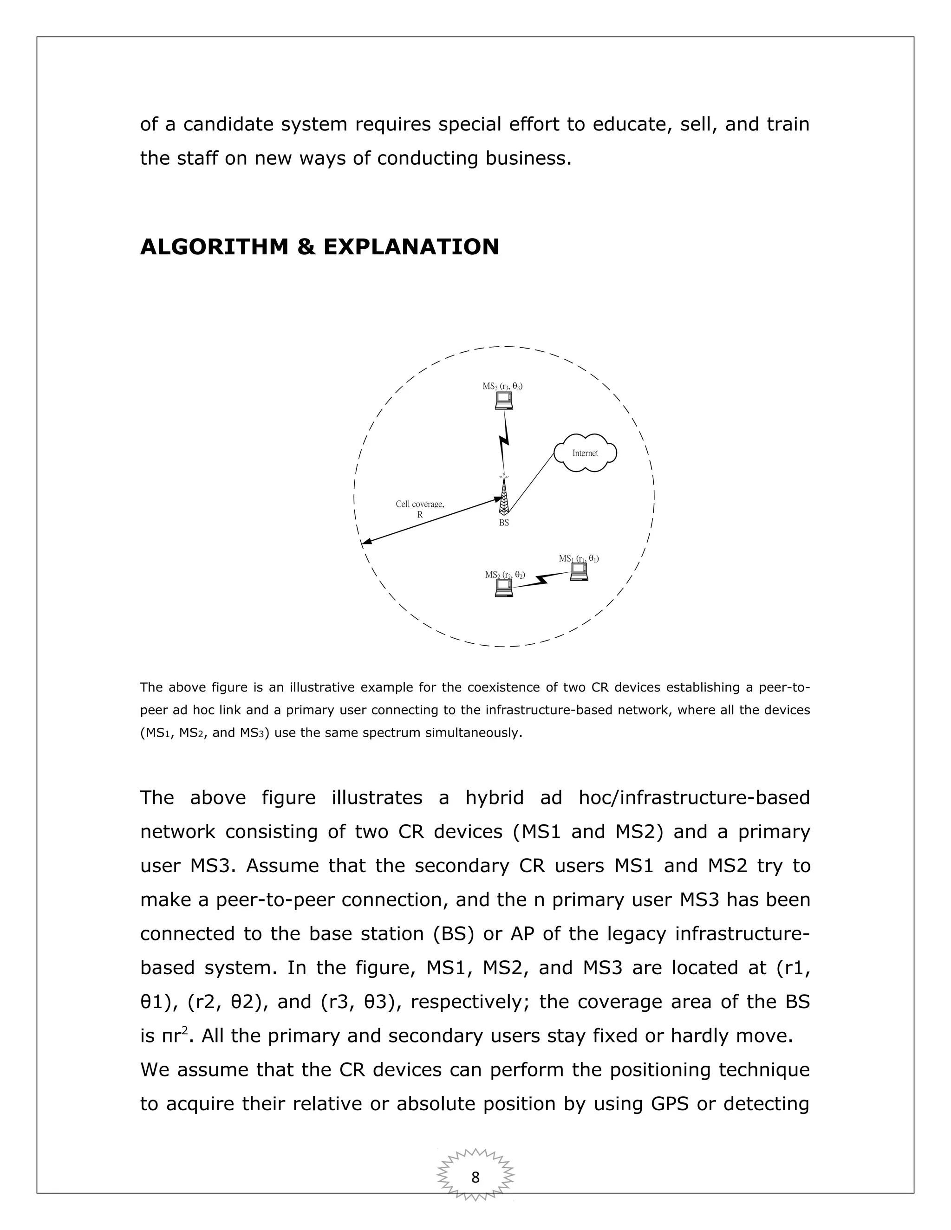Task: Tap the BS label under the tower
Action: [504, 523]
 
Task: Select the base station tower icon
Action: [504, 496]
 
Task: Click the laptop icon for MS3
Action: [504, 401]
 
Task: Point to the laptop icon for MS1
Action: [579, 572]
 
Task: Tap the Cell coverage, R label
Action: [420, 509]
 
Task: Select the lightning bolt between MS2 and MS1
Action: [542, 580]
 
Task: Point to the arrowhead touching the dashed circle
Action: [365, 543]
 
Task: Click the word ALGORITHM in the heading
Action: [214, 246]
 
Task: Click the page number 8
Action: [475, 1177]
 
